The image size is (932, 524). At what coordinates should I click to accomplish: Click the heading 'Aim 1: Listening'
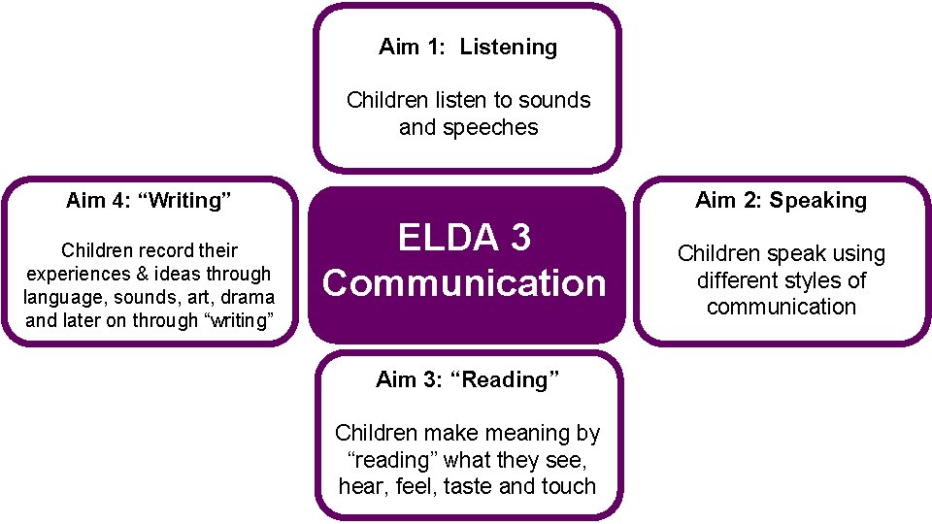[468, 47]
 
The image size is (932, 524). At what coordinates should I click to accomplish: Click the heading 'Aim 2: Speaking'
[781, 201]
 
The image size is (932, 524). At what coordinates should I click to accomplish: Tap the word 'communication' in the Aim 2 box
[781, 308]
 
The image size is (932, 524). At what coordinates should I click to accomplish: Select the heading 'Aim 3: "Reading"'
[468, 380]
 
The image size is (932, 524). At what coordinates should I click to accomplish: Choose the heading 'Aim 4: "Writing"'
[149, 201]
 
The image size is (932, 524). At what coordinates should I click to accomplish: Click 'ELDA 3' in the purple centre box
[465, 237]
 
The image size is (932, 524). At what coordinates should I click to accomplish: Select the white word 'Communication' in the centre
[464, 283]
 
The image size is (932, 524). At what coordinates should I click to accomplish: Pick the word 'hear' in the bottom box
[360, 486]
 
